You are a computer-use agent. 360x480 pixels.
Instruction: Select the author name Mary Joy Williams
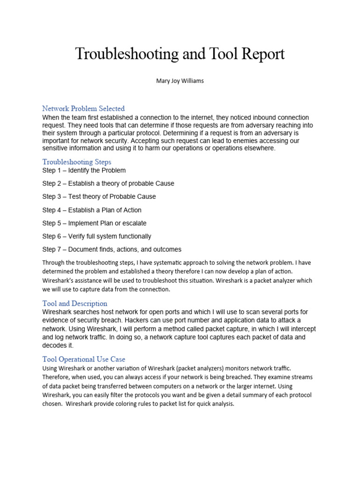(180, 81)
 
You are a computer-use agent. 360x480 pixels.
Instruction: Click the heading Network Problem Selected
(83, 109)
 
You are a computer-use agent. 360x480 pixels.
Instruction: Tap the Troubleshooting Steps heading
(76, 162)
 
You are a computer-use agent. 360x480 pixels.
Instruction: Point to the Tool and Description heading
(75, 303)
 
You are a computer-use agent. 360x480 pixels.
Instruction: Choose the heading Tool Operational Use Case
(83, 360)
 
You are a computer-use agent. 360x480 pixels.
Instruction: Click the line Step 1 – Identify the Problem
(84, 170)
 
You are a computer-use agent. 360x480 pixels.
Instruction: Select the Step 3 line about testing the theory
(99, 196)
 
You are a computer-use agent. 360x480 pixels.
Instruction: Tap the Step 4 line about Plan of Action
(91, 210)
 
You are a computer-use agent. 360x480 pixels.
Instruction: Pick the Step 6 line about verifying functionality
(97, 236)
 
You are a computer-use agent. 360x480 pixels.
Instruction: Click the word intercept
(300, 329)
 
